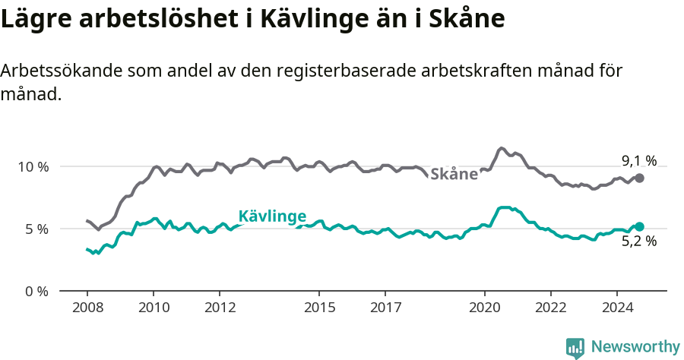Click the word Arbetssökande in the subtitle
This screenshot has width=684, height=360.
coord(59,71)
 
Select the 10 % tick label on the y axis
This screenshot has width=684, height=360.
coord(33,166)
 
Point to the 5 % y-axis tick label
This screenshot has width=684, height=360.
coord(36,229)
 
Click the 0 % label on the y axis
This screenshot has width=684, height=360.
coord(36,291)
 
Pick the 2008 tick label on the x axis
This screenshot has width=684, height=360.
coord(87,308)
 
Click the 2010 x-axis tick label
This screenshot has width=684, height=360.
coord(153,308)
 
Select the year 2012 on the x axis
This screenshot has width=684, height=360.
coord(219,308)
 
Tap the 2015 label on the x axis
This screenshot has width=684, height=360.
coord(318,308)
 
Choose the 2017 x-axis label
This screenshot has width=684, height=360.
coord(385,308)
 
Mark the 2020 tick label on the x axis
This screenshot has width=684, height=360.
coord(484,308)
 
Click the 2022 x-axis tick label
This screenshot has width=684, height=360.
coord(550,308)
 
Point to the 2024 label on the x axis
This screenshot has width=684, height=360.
coord(616,308)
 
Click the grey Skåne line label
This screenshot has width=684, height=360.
coord(454,174)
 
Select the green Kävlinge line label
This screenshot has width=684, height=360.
coord(272,216)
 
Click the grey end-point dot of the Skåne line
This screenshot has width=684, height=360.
coord(640,178)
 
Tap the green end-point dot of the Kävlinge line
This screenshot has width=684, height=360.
coord(640,226)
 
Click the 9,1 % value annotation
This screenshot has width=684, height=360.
coord(638,160)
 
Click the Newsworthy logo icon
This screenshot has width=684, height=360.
coord(575,347)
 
